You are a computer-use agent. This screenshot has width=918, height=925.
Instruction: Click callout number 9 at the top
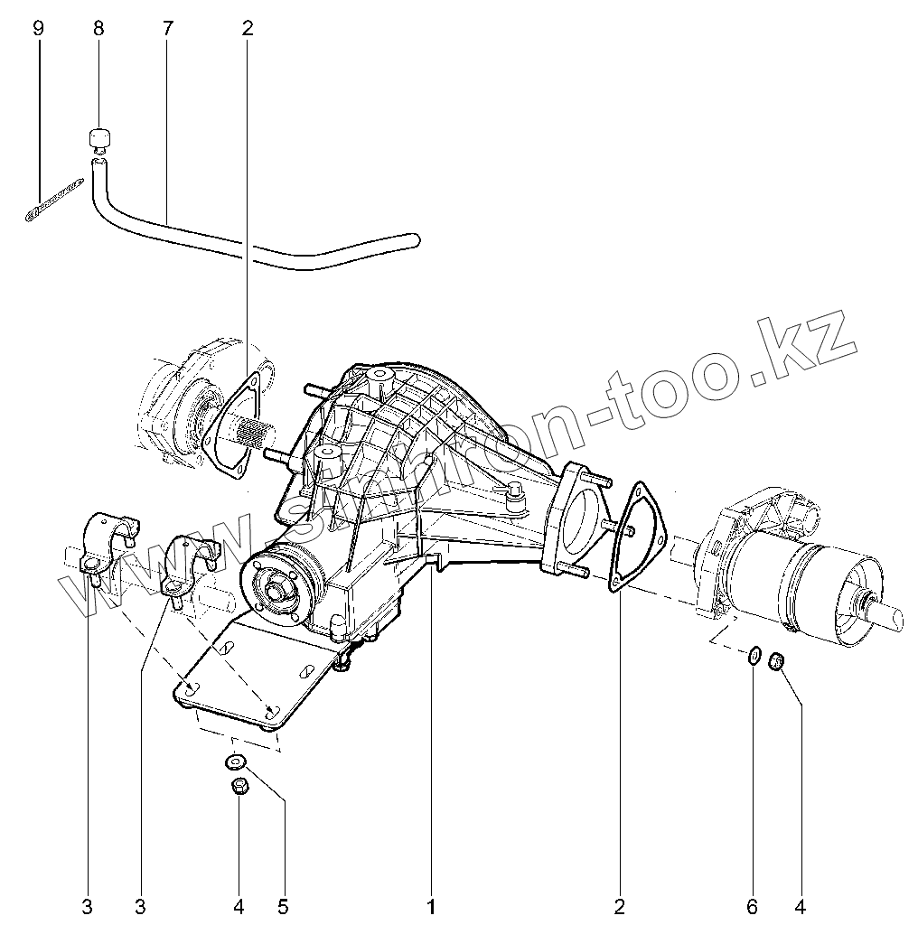(x=38, y=29)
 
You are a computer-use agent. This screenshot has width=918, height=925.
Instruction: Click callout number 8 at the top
(x=98, y=29)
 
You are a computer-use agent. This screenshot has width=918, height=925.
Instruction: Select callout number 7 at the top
(x=167, y=29)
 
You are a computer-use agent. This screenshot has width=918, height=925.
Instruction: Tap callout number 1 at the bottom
(x=431, y=904)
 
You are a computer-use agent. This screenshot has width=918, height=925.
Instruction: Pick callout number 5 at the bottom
(x=284, y=904)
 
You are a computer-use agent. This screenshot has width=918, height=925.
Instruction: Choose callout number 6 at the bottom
(x=753, y=904)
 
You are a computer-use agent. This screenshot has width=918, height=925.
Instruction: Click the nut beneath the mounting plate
(x=239, y=786)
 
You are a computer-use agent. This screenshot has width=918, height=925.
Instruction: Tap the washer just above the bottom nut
(x=234, y=762)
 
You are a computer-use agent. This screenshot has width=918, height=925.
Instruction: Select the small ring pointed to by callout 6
(x=752, y=655)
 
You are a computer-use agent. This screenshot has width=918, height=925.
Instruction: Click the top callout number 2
(x=248, y=29)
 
